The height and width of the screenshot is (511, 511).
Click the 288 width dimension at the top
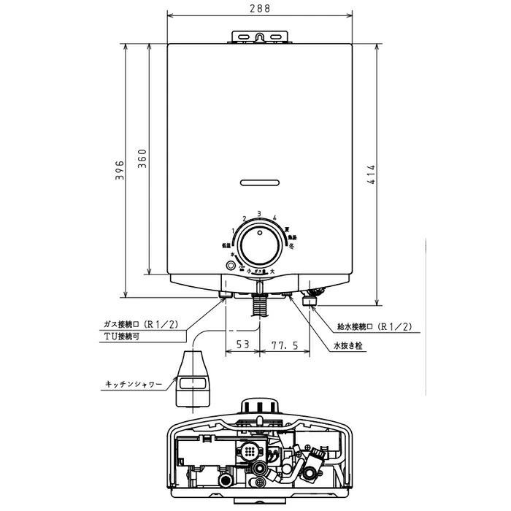point(259,9)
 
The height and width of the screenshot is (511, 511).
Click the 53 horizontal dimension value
point(242,344)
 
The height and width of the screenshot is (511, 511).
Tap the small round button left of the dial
point(231,266)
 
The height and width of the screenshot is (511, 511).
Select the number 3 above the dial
point(259,214)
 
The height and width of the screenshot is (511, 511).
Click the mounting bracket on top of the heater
point(259,36)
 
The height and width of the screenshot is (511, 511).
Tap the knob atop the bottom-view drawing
point(259,405)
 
